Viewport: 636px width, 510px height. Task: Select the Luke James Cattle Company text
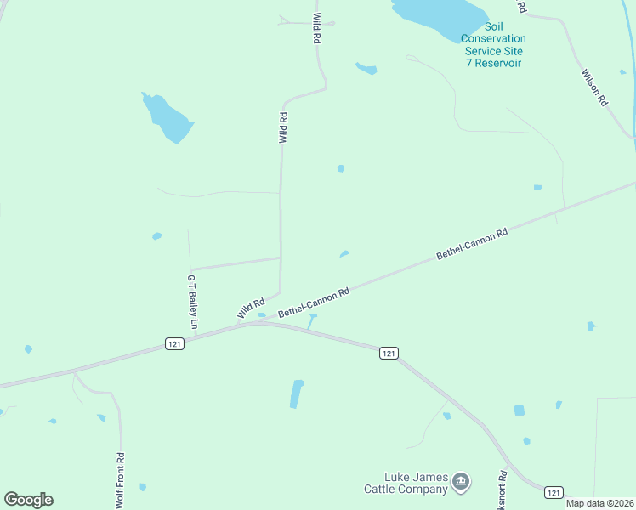(406, 483)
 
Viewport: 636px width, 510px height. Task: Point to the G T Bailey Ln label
(192, 302)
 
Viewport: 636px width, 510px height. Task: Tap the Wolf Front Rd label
(121, 481)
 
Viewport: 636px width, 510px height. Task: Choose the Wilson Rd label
(595, 87)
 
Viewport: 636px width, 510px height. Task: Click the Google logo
(28, 500)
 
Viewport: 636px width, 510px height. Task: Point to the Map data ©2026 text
(600, 503)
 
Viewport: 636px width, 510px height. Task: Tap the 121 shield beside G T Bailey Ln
(174, 342)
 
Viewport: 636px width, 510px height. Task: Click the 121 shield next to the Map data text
(554, 492)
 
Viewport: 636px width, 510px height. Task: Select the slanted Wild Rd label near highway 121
(252, 309)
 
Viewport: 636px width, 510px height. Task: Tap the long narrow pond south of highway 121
(297, 394)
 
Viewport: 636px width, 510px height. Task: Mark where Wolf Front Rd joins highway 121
(75, 371)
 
